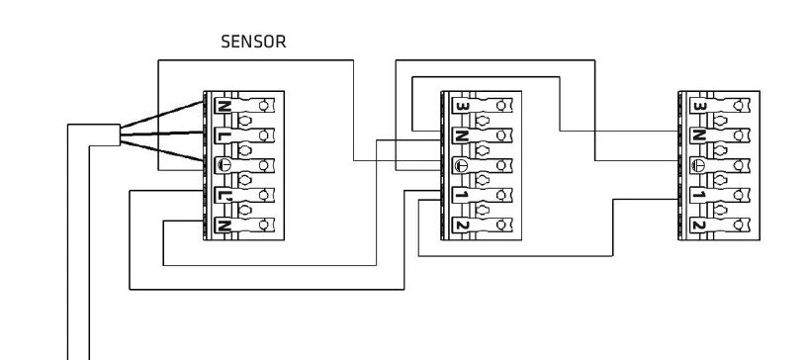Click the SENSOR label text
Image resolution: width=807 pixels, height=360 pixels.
pyautogui.click(x=253, y=43)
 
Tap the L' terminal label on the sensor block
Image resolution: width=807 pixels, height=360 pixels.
pyautogui.click(x=223, y=195)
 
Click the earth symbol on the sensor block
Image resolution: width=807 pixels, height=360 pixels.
pyautogui.click(x=223, y=165)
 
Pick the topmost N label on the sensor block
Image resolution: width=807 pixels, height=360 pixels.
pyautogui.click(x=223, y=105)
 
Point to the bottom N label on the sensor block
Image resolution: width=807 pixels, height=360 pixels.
pyautogui.click(x=223, y=225)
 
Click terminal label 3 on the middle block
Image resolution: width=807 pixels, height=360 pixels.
pyautogui.click(x=460, y=105)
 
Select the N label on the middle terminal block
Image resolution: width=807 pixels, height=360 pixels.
pyautogui.click(x=460, y=135)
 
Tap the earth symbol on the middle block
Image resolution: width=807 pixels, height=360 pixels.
pyautogui.click(x=460, y=165)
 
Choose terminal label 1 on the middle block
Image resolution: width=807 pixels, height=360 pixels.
pyautogui.click(x=460, y=195)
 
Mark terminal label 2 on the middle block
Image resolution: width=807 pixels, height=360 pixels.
pyautogui.click(x=460, y=225)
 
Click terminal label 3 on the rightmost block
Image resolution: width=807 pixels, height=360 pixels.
pyautogui.click(x=698, y=105)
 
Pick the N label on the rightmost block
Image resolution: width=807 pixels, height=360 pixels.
pyautogui.click(x=698, y=135)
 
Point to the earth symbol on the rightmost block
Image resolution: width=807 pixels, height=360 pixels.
pyautogui.click(x=698, y=165)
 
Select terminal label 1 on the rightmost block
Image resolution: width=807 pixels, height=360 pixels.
pyautogui.click(x=698, y=195)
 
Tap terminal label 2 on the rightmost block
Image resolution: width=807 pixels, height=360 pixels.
pyautogui.click(x=698, y=225)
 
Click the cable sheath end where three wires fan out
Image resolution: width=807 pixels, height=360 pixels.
pyautogui.click(x=118, y=135)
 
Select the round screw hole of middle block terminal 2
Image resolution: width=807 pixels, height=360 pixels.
pyautogui.click(x=504, y=225)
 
